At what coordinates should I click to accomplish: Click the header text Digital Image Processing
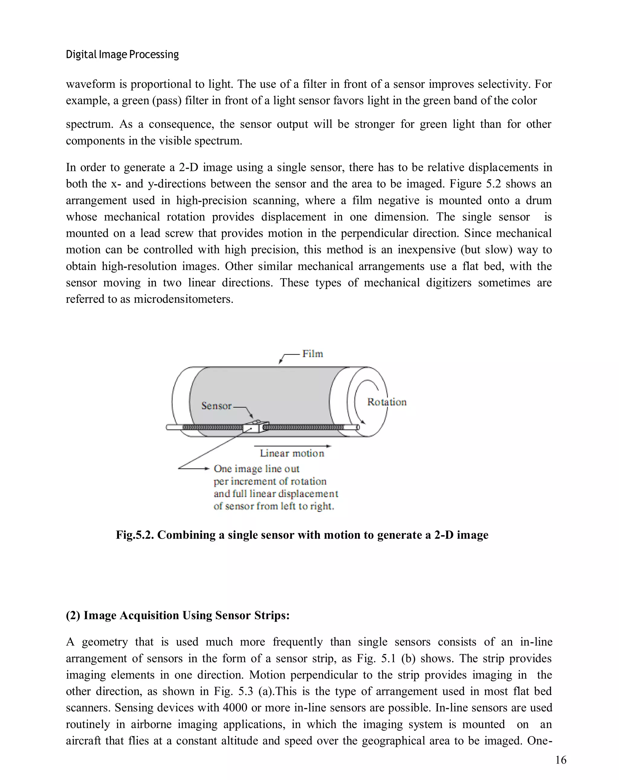click(122, 55)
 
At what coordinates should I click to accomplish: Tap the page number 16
click(560, 760)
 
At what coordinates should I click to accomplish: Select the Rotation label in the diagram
click(387, 402)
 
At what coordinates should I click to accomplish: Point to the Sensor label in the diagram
click(216, 406)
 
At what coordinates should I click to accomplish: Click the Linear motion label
click(292, 453)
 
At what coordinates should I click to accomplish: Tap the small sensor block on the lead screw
click(256, 427)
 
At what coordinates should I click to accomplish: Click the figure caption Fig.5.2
click(302, 535)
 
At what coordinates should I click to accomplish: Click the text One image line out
click(256, 469)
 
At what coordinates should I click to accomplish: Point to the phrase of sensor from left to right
click(274, 506)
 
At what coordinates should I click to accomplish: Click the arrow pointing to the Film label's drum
click(284, 358)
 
